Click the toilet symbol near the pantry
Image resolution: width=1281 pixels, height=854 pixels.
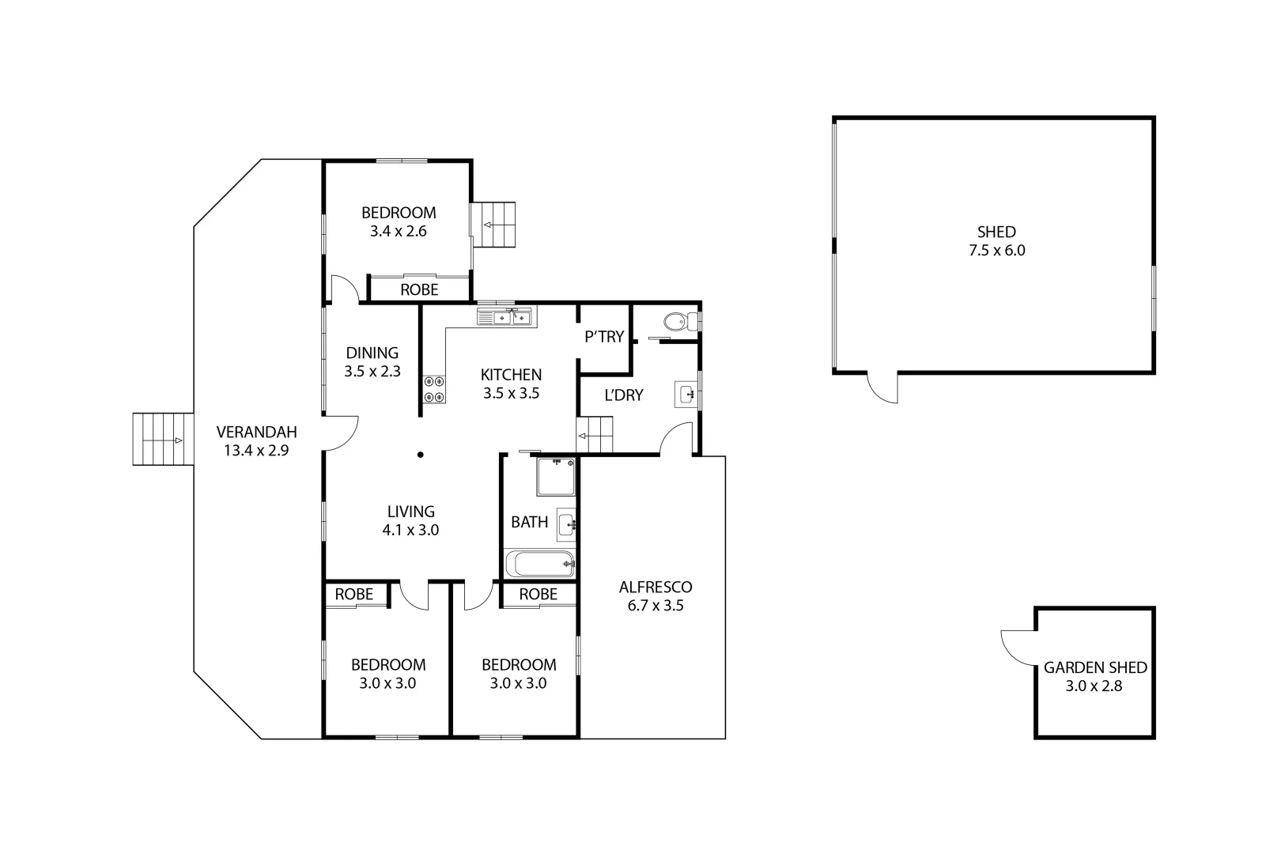click(x=677, y=322)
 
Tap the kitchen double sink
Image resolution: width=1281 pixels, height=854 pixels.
click(x=504, y=318)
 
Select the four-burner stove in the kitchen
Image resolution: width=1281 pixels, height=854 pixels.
click(x=434, y=388)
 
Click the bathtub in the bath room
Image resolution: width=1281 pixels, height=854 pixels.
click(x=540, y=564)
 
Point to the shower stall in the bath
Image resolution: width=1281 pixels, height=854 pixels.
click(x=556, y=477)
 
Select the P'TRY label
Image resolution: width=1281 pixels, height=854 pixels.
click(x=604, y=337)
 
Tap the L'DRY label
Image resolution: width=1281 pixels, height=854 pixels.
click(x=624, y=395)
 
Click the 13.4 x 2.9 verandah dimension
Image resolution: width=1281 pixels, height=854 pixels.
click(x=256, y=451)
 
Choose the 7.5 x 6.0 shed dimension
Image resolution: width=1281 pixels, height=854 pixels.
click(x=996, y=251)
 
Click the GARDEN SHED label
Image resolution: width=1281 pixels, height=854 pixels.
click(x=1094, y=667)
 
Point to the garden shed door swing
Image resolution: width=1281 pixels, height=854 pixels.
click(x=1016, y=642)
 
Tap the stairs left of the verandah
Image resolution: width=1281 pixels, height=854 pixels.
click(x=162, y=440)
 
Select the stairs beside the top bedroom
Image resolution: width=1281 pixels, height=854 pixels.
click(x=493, y=225)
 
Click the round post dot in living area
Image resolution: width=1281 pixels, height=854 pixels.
click(x=421, y=454)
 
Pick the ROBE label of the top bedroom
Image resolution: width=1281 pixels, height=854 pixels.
click(x=419, y=289)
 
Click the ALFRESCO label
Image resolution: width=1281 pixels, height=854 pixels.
click(x=655, y=587)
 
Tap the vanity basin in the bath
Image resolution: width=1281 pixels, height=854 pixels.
click(x=566, y=523)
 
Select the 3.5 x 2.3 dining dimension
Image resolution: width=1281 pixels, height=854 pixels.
click(x=372, y=371)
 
